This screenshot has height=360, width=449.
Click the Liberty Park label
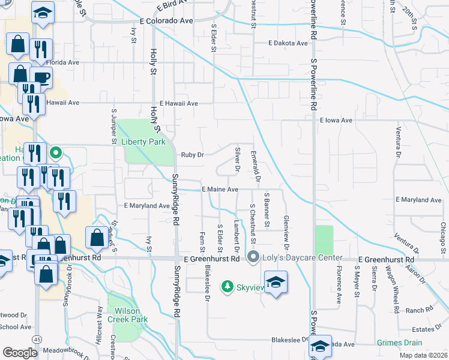[x=143, y=142]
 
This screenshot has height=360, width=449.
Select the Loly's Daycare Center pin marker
[x=253, y=259]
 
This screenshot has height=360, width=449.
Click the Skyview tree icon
[x=228, y=287]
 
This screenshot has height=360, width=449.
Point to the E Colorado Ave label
[x=166, y=20]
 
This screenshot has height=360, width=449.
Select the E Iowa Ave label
[x=336, y=121]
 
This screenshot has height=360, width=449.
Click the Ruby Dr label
[x=193, y=155]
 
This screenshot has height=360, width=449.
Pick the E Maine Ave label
[x=220, y=190]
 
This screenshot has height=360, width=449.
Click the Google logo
[x=20, y=352]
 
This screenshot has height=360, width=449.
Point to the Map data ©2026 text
[x=423, y=355]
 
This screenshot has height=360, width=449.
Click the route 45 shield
[x=38, y=340]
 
